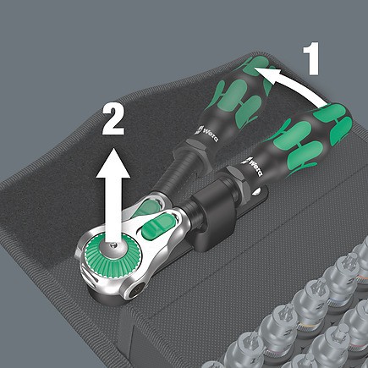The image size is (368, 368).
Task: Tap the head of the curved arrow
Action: (x=258, y=74)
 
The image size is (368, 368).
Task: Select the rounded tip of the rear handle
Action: (x=254, y=63)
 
